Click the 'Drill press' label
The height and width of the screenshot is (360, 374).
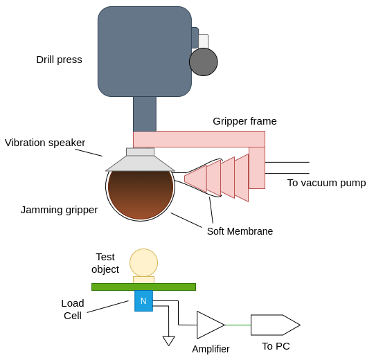point(59,60)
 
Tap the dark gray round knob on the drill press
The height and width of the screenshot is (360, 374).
point(203,62)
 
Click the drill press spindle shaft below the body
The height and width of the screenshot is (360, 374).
point(144,114)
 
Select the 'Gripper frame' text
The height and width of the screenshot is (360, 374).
point(244,121)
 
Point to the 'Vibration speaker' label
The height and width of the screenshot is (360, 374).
point(45,143)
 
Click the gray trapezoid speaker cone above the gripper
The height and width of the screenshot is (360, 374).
point(140,163)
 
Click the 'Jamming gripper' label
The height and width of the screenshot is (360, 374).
point(59,210)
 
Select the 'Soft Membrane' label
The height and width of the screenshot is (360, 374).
point(240,231)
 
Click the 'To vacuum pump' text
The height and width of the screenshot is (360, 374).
point(326,183)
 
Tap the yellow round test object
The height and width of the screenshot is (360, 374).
point(143,262)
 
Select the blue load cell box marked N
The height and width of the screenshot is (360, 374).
point(143,301)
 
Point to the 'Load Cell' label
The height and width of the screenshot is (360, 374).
point(73,309)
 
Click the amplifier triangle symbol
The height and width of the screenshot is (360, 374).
point(208,325)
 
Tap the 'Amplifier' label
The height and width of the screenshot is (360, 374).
point(211,349)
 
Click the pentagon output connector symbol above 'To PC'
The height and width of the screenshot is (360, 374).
point(274,325)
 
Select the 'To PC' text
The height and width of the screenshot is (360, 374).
point(276,346)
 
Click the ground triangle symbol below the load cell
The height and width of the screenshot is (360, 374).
point(168,341)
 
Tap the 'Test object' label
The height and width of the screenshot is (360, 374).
point(105,263)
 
